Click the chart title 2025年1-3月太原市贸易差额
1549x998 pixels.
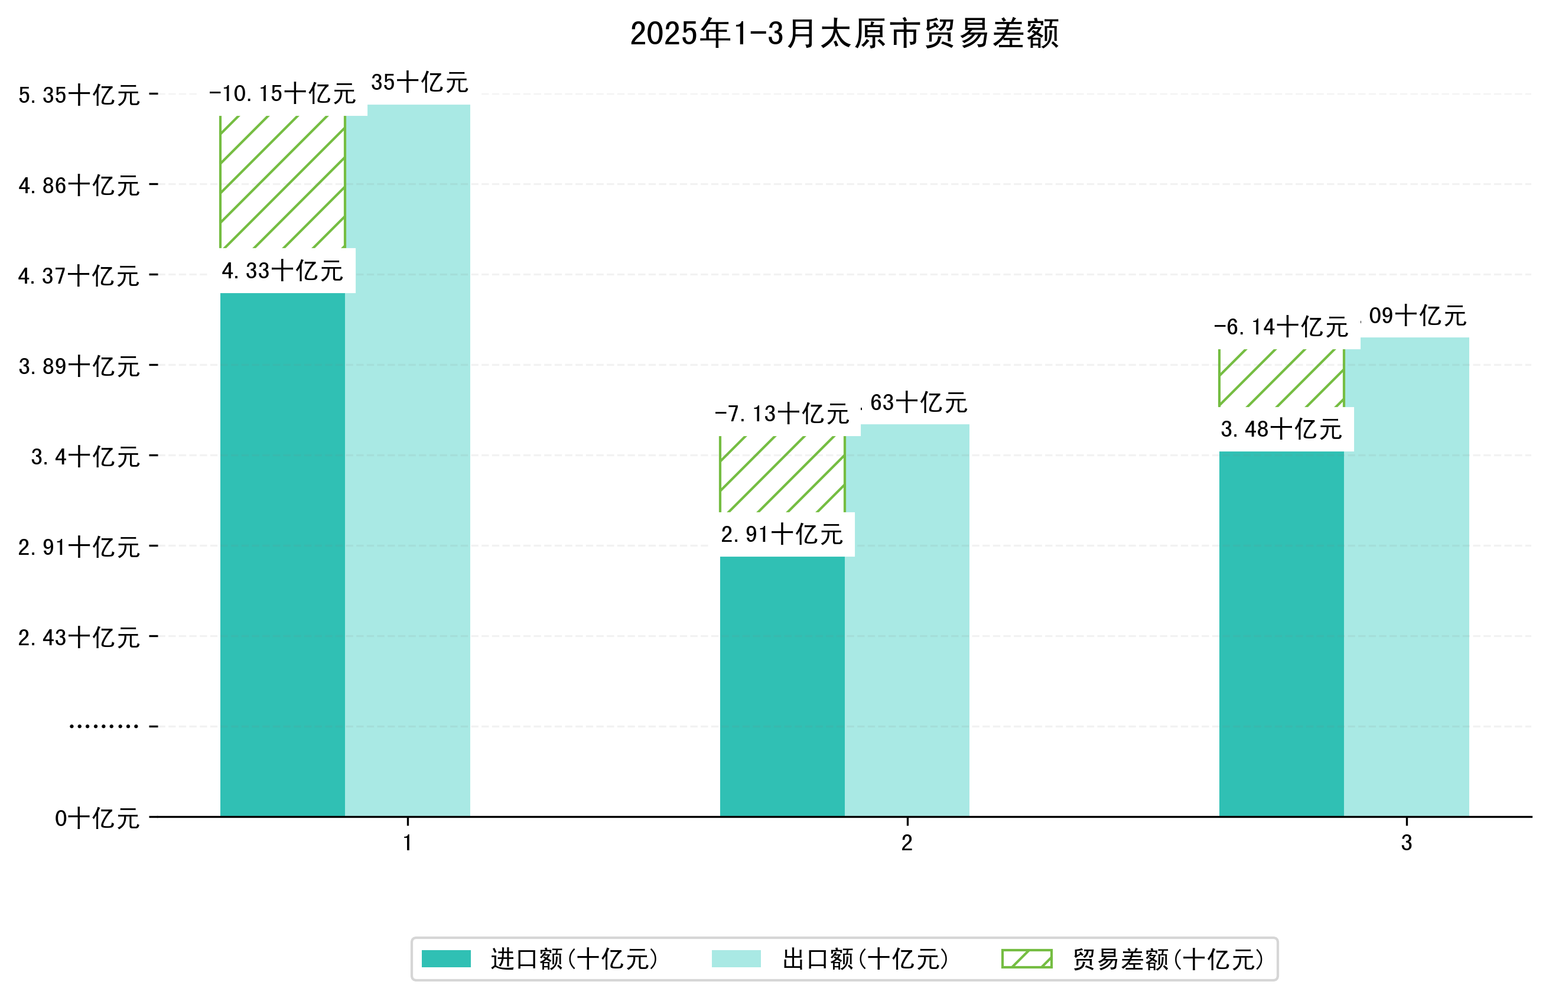(844, 34)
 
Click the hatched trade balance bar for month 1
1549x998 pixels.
(282, 181)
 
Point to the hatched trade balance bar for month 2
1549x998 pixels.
(782, 474)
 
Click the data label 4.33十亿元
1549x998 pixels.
(282, 271)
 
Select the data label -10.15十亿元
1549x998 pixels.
(282, 94)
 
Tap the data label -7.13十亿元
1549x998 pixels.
(782, 414)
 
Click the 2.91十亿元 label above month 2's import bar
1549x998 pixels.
(782, 535)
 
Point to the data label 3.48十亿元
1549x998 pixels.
(1281, 429)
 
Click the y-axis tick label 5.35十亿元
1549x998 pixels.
(79, 95)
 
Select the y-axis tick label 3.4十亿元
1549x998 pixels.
(85, 457)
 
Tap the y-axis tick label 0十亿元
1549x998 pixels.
(97, 818)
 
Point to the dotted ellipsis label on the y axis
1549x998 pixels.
(103, 726)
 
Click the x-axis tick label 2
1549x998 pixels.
(906, 843)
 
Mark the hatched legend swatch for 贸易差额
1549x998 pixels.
(1026, 958)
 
